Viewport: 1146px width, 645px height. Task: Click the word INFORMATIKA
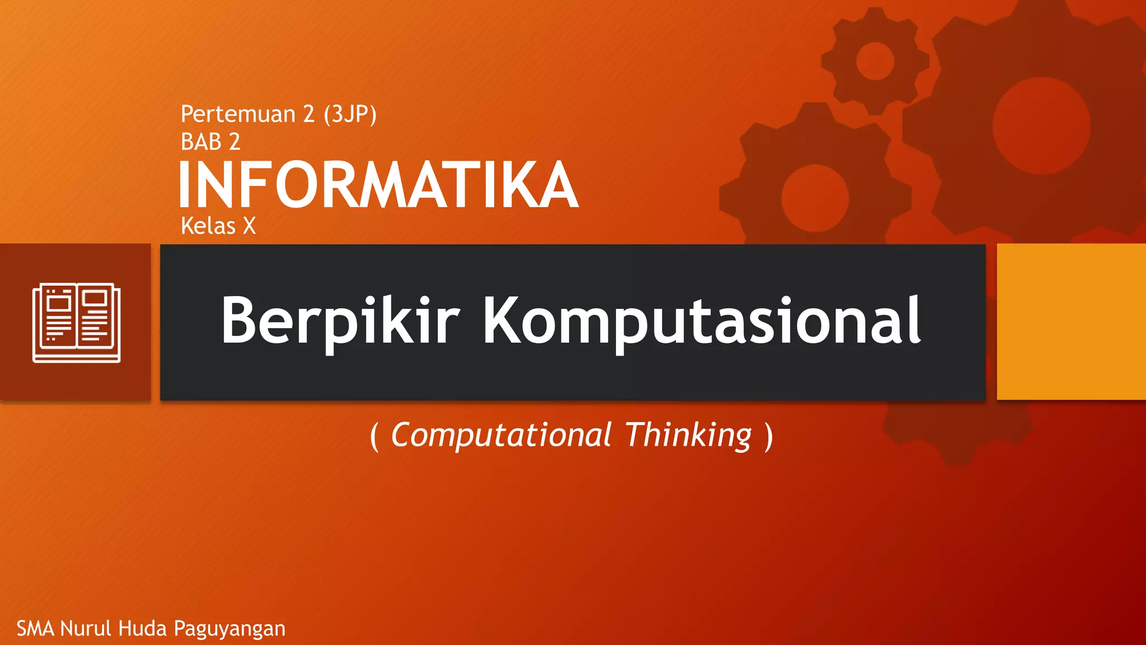coord(378,185)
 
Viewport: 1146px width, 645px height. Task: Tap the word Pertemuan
coord(238,114)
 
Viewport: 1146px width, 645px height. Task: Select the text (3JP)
coord(350,114)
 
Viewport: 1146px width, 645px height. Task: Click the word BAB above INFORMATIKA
coord(201,142)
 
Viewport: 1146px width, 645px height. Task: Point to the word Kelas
coord(208,226)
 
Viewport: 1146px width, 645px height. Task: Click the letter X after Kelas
coord(249,226)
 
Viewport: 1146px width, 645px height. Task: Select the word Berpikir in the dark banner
coord(340,320)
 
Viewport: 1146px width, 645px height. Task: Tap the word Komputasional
coord(702,320)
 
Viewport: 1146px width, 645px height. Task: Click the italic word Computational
coord(501,435)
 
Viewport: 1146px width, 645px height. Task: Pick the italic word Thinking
coord(689,435)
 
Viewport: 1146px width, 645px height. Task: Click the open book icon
coord(77,322)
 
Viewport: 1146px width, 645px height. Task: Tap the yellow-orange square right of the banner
coord(1071,321)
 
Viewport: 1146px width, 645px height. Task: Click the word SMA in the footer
coord(35,629)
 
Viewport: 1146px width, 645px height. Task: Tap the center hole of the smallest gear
coord(875,61)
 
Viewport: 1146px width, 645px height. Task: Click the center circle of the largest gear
coord(1041,126)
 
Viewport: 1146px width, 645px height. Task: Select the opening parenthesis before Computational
coord(374,436)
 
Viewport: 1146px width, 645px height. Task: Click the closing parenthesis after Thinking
coord(769,436)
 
